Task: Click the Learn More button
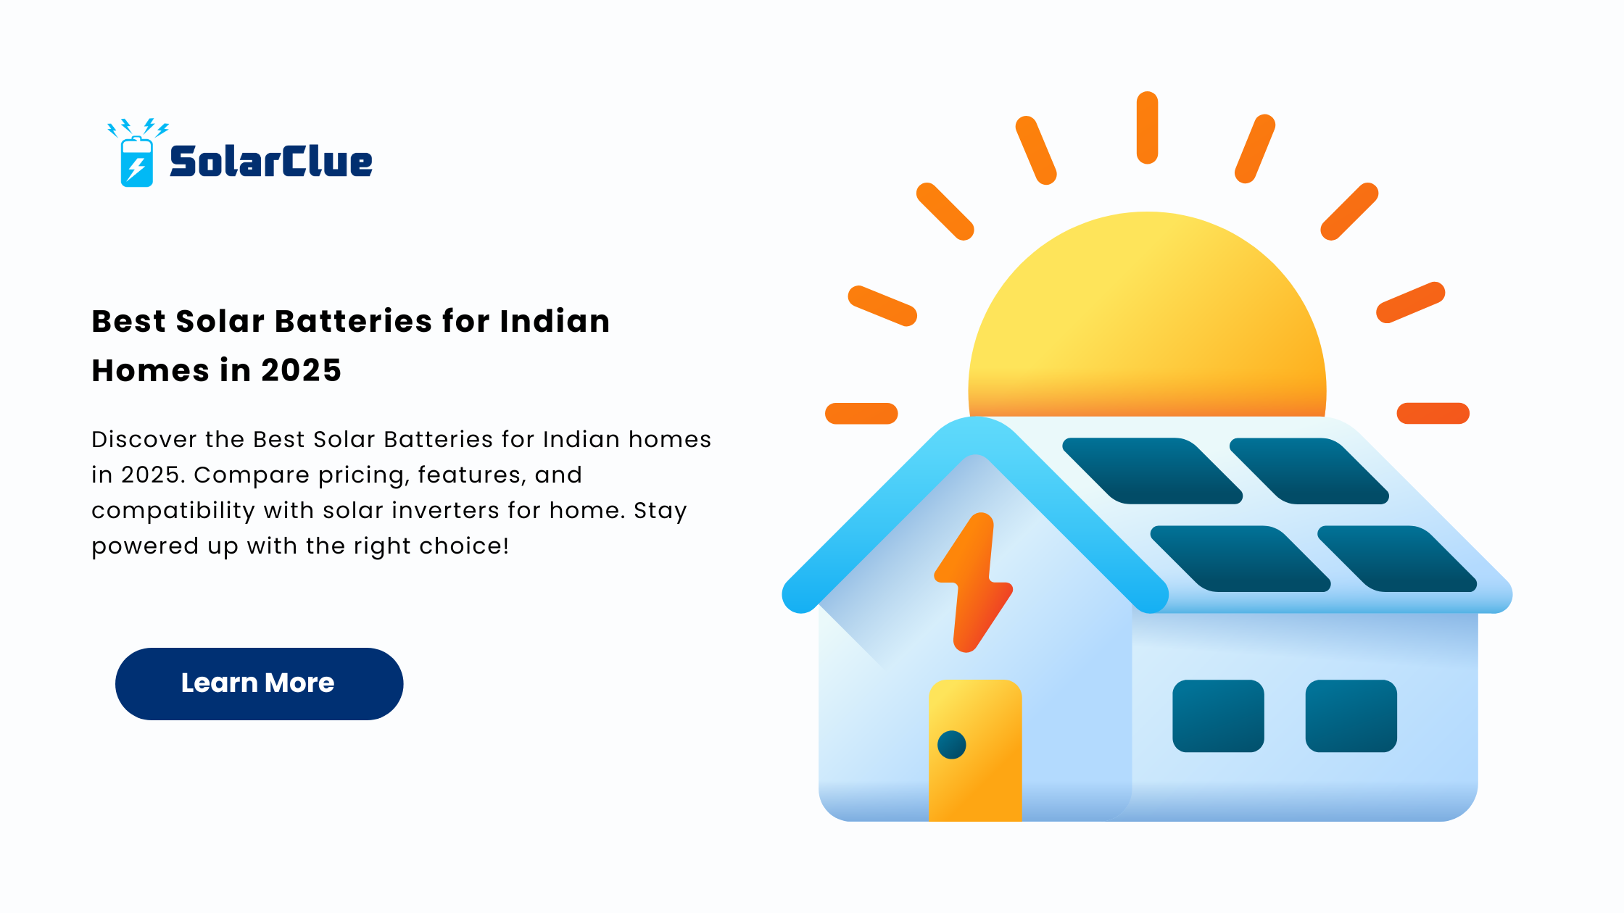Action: [259, 683]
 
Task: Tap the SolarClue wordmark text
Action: [271, 161]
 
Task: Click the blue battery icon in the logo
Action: [136, 162]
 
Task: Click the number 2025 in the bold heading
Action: [301, 370]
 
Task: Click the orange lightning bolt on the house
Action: [973, 583]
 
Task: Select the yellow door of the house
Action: [975, 750]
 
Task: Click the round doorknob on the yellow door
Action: [952, 745]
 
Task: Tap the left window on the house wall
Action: [1218, 716]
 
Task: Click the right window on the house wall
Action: [1351, 716]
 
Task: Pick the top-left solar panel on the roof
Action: [1153, 471]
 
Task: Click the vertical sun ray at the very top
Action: [1147, 128]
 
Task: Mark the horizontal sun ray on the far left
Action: [861, 413]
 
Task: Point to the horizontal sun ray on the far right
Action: [1433, 413]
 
